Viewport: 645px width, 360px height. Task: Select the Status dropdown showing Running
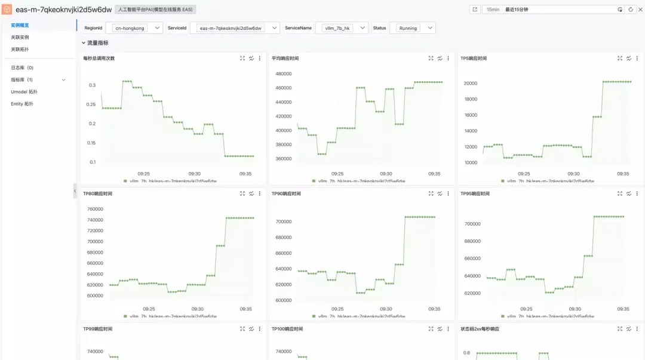412,28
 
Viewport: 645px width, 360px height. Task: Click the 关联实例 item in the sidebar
20,37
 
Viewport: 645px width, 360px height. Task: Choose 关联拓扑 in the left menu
20,49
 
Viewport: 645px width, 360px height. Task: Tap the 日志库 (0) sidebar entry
22,67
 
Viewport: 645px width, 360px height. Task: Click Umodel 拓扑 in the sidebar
24,92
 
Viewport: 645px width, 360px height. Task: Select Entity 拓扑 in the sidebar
22,104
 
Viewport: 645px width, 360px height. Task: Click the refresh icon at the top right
631,10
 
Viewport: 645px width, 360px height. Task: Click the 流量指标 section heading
97,43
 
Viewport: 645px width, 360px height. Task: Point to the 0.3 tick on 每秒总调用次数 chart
92,85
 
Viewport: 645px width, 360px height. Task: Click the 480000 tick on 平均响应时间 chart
283,74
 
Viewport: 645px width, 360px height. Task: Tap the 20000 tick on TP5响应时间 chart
471,84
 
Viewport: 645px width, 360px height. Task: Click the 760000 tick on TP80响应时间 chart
95,209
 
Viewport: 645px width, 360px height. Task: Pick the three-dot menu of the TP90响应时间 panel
449,193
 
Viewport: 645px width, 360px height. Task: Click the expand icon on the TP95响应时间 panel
619,193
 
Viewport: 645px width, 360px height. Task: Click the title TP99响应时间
97,329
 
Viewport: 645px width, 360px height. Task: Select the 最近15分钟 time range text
517,10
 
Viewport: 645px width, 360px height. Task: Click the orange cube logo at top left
7,10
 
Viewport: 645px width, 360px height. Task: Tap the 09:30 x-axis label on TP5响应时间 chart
575,174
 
